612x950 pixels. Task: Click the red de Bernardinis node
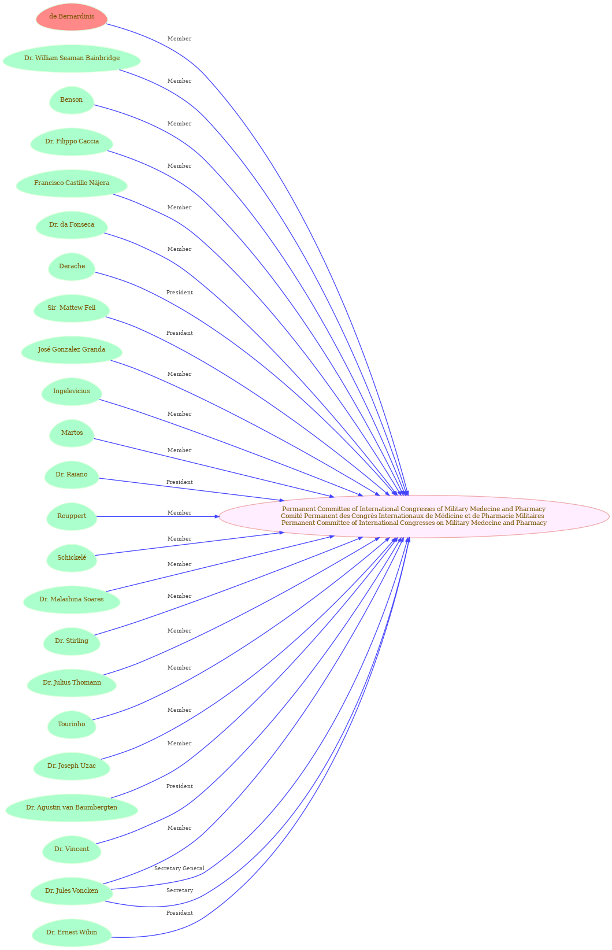tap(72, 17)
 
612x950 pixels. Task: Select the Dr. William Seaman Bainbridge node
tap(72, 58)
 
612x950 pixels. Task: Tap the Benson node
tap(72, 99)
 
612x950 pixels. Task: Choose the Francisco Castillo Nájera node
tap(72, 183)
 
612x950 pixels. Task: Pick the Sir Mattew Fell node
tap(72, 308)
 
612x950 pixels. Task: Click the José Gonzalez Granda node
tap(72, 349)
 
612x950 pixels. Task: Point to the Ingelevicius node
tap(72, 391)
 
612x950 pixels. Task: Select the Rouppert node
tap(72, 516)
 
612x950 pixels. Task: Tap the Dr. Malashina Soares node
tap(72, 599)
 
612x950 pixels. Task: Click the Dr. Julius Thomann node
tap(72, 682)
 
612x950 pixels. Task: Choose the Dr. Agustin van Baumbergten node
tap(72, 808)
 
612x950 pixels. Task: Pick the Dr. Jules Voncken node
tap(72, 890)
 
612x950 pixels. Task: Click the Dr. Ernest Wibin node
tap(72, 932)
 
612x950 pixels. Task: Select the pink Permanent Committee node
tap(414, 516)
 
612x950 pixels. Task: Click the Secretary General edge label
tap(179, 868)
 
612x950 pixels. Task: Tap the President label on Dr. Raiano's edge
tap(180, 482)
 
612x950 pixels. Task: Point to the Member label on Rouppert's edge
tap(179, 513)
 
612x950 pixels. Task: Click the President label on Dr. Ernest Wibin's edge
tap(180, 912)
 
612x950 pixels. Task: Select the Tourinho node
tap(72, 724)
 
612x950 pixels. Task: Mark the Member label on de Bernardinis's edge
tap(179, 39)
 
